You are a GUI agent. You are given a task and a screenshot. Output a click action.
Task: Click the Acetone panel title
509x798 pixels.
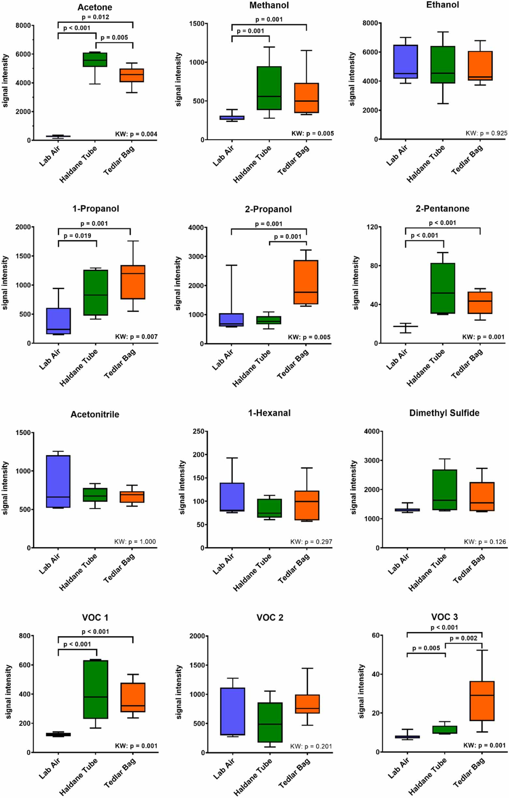95,7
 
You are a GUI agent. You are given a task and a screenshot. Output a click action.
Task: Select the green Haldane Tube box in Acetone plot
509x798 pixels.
95,60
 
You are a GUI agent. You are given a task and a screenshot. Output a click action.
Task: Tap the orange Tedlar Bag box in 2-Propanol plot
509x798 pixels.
306,282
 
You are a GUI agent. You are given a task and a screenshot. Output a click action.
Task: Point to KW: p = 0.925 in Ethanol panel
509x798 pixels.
486,133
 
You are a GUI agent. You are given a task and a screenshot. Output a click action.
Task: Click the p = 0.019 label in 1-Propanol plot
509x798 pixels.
77,235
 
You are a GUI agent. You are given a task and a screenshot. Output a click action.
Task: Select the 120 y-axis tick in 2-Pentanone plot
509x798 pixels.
373,227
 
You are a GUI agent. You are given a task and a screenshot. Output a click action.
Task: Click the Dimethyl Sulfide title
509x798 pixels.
444,413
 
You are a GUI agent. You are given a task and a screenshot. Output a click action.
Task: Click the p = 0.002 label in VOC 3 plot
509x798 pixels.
463,638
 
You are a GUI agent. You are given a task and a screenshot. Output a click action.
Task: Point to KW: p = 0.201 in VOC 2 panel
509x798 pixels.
311,746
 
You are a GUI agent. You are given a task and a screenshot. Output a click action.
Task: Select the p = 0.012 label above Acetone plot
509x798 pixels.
95,17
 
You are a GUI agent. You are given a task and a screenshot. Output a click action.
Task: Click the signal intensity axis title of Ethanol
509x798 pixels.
352,79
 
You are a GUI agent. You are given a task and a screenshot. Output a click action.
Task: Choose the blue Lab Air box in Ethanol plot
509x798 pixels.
405,62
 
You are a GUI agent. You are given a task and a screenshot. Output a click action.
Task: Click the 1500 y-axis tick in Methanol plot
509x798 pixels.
196,23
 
